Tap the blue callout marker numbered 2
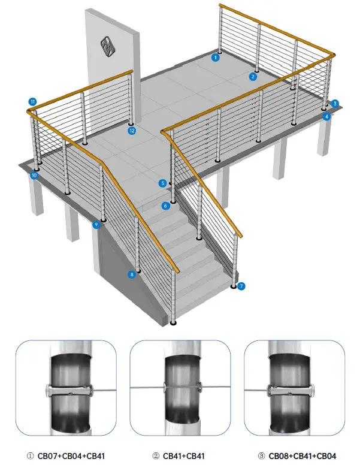pos(253,76)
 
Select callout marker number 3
pos(335,103)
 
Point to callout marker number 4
pos(327,116)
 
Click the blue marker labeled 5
pos(162,183)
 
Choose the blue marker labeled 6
pos(165,206)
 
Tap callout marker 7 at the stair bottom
pos(241,286)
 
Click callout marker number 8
pos(132,274)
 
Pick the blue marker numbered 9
pos(96,225)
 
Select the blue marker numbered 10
pos(34,176)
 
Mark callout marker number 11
pos(32,101)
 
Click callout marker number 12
pos(132,130)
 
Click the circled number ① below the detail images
pos(31,456)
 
